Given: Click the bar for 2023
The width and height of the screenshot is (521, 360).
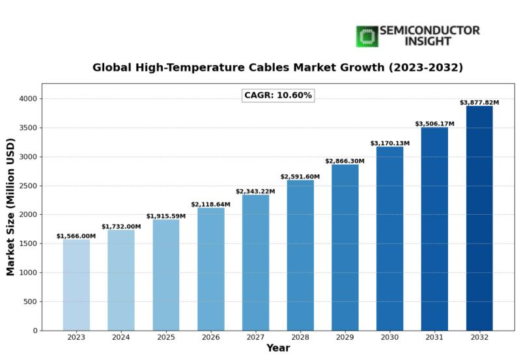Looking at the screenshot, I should [x=76, y=285].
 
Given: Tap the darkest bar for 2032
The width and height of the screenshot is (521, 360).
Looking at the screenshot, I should [x=479, y=218].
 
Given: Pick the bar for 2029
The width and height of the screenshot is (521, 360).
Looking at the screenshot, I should [x=345, y=247].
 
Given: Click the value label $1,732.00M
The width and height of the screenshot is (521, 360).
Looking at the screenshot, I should [x=121, y=227].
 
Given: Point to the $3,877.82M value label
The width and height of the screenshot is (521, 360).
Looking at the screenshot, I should [x=479, y=103].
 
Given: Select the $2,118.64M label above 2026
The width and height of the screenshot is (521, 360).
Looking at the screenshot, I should [x=210, y=204].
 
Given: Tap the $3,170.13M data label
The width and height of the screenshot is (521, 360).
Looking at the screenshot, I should [x=390, y=143].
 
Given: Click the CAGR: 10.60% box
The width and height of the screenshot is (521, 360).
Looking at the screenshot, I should [x=278, y=96].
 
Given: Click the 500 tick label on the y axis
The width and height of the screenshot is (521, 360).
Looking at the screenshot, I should [x=29, y=301].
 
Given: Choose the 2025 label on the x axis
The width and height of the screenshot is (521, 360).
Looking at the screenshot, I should [x=165, y=337].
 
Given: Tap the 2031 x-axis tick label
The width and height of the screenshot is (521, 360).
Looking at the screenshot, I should [x=434, y=337].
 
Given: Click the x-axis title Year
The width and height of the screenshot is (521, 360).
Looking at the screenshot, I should [x=278, y=349].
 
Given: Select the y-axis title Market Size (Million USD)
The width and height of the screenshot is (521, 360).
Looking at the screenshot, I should [x=11, y=206].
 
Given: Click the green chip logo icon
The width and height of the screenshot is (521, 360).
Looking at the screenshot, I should [x=367, y=36].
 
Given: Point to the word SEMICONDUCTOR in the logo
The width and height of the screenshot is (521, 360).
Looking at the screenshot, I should [x=429, y=31].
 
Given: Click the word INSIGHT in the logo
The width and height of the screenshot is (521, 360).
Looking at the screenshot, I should [x=429, y=42].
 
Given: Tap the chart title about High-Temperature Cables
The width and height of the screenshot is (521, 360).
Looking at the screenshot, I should [x=278, y=67].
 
